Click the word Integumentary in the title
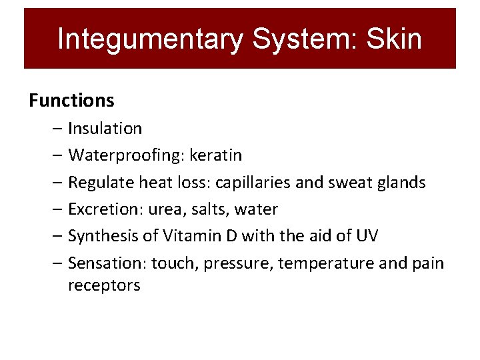tap(150, 39)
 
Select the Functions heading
tap(71, 101)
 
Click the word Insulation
tap(105, 128)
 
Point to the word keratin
tap(216, 155)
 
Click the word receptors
tap(104, 285)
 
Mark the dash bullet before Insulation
tap(57, 128)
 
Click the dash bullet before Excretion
tap(57, 209)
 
